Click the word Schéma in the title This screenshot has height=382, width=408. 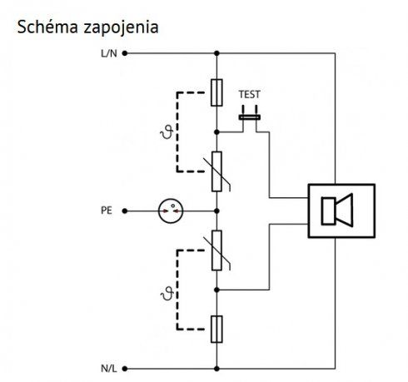[47, 27]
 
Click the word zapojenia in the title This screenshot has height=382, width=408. [121, 28]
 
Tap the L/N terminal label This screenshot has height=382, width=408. [109, 53]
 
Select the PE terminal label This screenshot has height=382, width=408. [107, 211]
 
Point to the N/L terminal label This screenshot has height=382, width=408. [109, 369]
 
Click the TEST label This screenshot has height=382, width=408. [250, 95]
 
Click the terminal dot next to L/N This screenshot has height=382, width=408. [125, 53]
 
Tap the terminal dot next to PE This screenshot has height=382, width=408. [125, 211]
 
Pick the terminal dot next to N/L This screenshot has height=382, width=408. [125, 369]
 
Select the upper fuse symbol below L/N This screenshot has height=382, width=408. [216, 92]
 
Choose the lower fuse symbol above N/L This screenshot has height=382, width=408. [216, 329]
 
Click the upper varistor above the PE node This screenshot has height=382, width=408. [216, 171]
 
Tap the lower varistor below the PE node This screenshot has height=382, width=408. [216, 251]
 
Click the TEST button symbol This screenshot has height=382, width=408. [250, 117]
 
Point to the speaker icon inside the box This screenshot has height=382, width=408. [337, 211]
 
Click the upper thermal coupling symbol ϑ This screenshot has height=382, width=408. [167, 131]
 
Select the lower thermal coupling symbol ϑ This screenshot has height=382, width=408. [167, 294]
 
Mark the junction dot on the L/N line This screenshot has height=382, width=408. [216, 53]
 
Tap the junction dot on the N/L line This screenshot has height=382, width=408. [216, 369]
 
